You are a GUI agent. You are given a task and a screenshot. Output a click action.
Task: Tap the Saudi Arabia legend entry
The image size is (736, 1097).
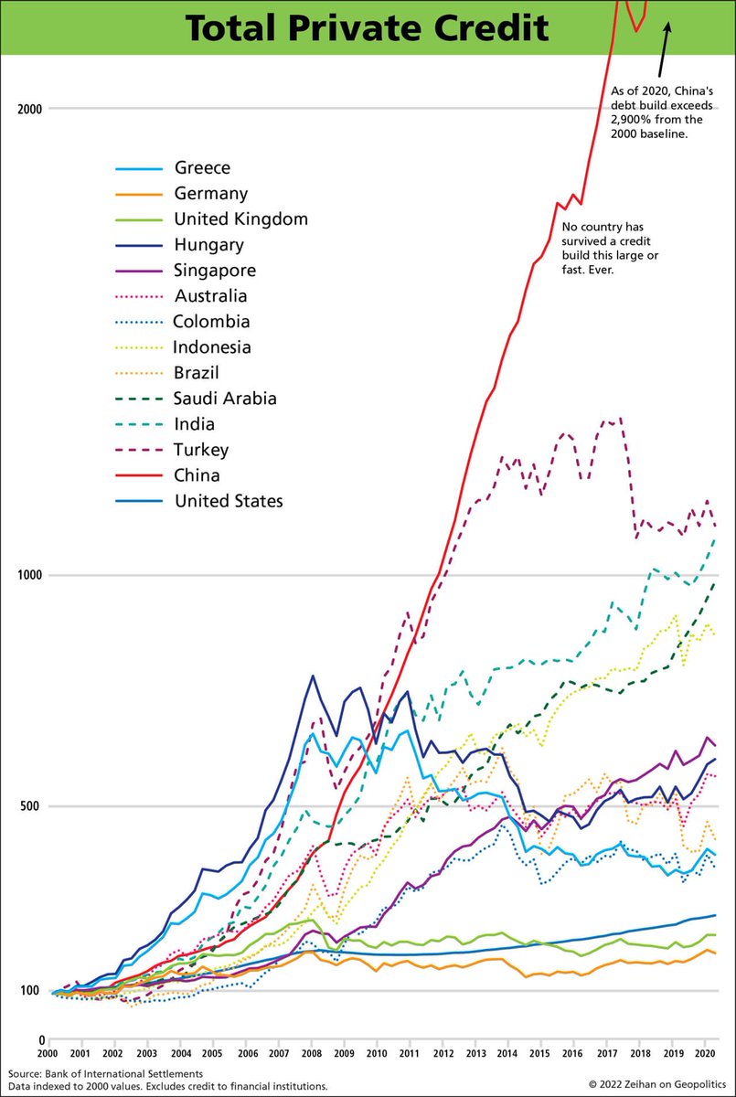tap(224, 399)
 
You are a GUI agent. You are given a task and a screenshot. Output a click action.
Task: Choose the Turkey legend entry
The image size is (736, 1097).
tap(200, 450)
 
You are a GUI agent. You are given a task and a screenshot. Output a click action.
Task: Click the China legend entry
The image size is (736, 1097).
tap(197, 475)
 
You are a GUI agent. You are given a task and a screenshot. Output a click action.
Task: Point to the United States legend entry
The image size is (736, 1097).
tap(228, 501)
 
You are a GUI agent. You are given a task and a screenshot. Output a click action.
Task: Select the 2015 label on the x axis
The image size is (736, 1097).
tap(539, 1053)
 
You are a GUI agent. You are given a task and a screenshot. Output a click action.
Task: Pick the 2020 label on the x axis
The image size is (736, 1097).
tap(703, 1053)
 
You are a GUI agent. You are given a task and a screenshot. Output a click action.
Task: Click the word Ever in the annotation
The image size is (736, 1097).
tap(606, 271)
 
